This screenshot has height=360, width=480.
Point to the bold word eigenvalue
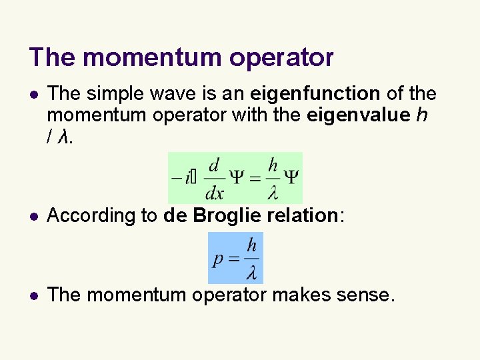click(358, 115)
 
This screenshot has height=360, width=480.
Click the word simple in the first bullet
click(118, 94)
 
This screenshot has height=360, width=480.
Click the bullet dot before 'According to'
click(35, 216)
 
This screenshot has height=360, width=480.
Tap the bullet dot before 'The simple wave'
click(35, 95)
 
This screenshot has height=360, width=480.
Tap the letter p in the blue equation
click(217, 260)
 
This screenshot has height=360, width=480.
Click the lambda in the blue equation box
click(251, 273)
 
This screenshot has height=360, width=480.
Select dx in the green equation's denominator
click(214, 193)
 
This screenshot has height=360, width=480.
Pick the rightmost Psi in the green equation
click(291, 178)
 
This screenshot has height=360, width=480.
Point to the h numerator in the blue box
click(251, 246)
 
